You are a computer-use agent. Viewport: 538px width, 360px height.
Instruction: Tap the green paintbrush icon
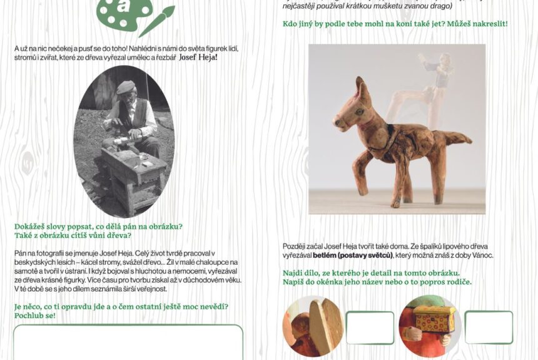156,21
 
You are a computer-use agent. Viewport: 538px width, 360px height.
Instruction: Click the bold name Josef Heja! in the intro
198,58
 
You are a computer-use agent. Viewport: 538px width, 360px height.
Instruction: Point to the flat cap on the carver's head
126,87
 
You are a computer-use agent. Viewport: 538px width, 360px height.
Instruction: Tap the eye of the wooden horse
360,111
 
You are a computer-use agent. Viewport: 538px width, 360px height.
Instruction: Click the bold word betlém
324,255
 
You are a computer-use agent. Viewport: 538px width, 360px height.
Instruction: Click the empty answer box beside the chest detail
489,327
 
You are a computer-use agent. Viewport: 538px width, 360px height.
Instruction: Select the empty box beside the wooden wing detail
370,327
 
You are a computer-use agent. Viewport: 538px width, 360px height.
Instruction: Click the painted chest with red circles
435,319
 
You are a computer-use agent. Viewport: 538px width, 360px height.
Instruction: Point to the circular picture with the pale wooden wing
313,326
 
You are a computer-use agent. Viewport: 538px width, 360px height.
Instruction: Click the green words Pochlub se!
34,316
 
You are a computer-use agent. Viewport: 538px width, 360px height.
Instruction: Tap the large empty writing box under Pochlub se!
128,342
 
